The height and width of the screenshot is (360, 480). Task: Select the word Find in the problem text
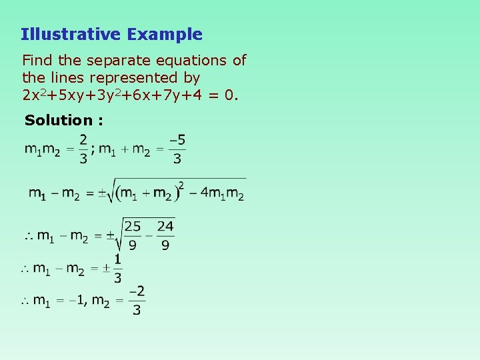click(36, 61)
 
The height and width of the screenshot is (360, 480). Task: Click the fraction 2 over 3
click(83, 149)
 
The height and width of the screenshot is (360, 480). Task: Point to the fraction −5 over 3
click(177, 149)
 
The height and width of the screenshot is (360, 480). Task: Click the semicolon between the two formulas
click(93, 149)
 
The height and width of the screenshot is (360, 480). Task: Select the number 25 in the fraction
click(133, 227)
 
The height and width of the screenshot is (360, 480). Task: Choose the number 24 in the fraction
click(165, 227)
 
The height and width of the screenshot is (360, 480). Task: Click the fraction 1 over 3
click(118, 268)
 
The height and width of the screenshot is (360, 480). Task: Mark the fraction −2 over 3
click(136, 300)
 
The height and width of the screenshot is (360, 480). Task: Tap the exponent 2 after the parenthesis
click(180, 184)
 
